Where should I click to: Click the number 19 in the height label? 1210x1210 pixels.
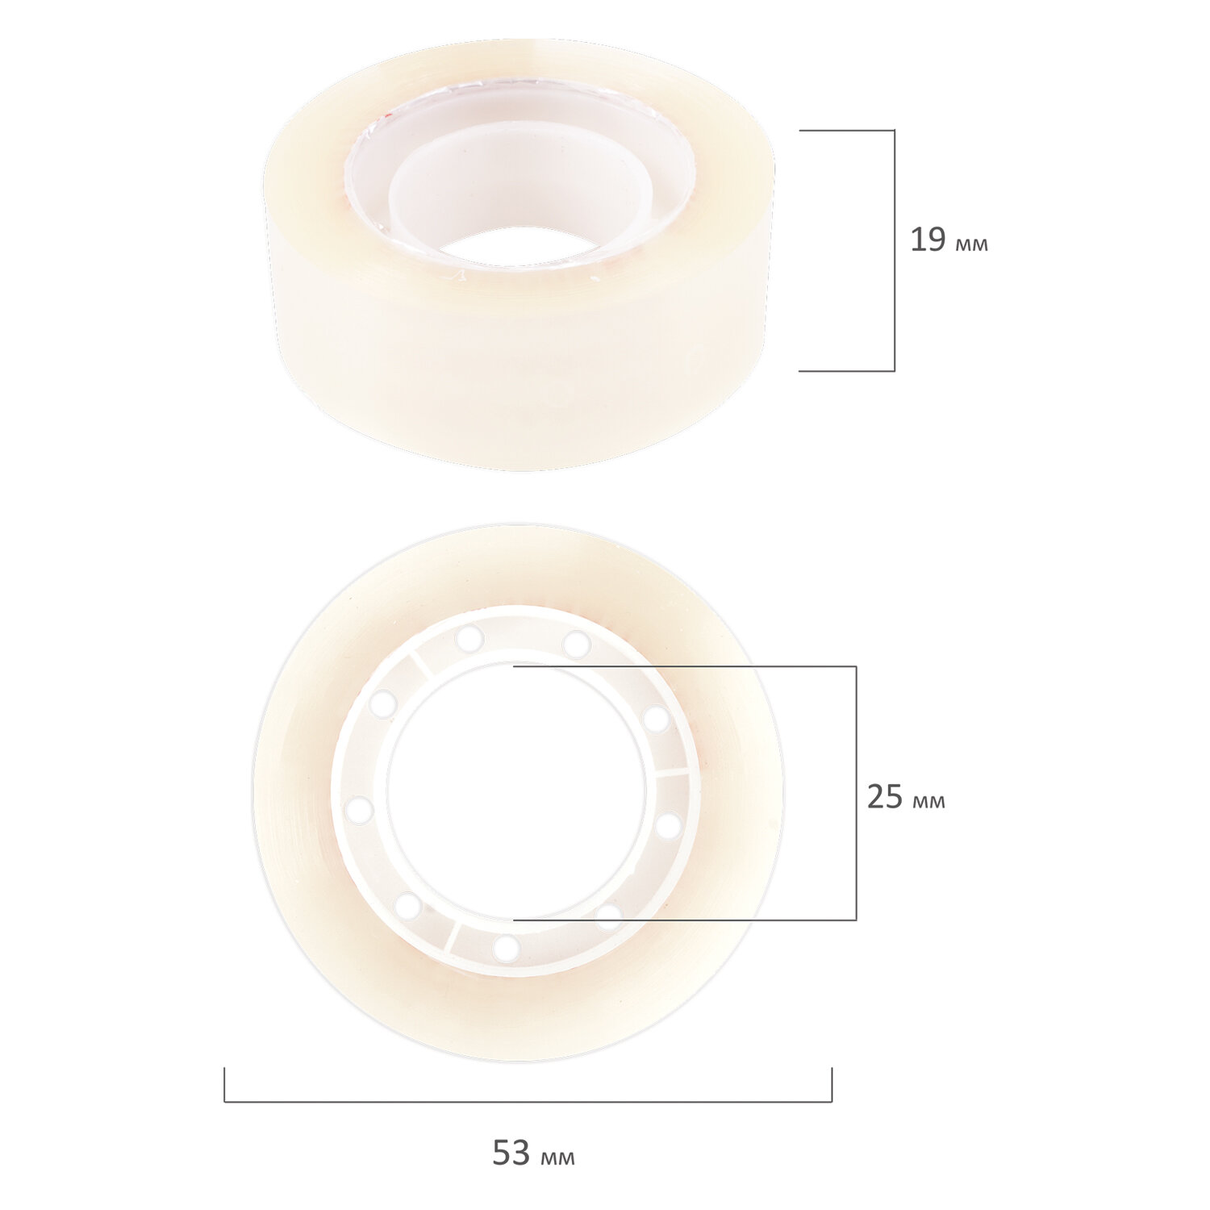tap(928, 240)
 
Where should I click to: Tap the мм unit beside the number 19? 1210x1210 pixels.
tap(971, 244)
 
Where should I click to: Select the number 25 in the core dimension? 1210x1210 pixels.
tap(885, 797)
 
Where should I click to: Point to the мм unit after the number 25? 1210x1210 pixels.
tap(928, 802)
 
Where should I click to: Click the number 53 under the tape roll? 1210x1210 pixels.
tap(511, 1154)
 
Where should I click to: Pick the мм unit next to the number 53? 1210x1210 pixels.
tap(558, 1158)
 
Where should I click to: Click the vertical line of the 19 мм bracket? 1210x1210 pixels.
tap(895, 250)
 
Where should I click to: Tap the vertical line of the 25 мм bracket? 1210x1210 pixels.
tap(856, 793)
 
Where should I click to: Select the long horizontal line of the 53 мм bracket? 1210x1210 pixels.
tap(528, 1101)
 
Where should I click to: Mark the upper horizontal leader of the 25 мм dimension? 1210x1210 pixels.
tap(685, 666)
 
